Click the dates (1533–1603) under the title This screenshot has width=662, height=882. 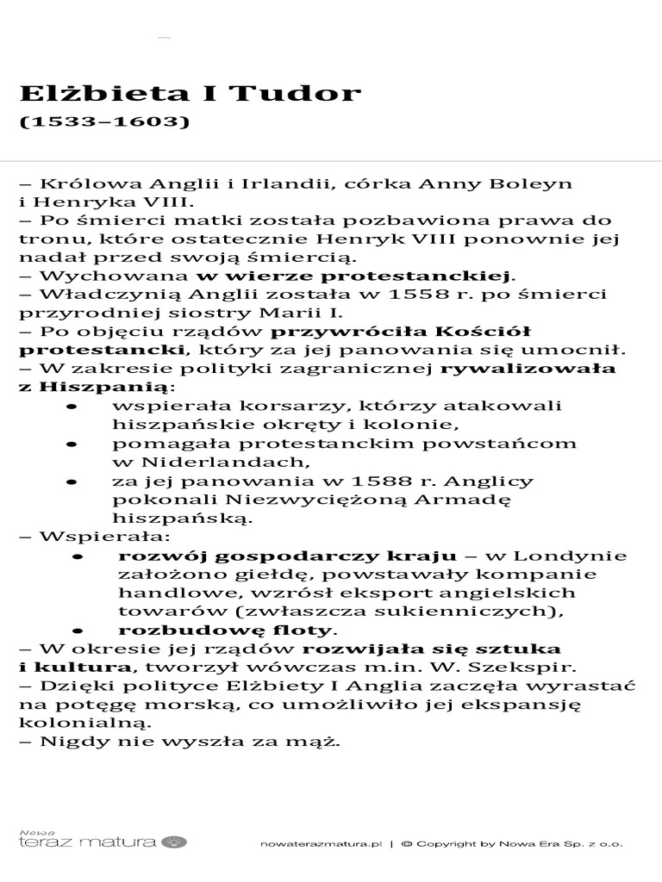pos(103,121)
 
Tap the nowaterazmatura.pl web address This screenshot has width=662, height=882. pos(320,845)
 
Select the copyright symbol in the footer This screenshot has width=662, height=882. pos(406,845)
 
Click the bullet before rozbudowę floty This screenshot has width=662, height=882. pos(77,630)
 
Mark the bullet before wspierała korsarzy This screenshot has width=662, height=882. pos(70,406)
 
